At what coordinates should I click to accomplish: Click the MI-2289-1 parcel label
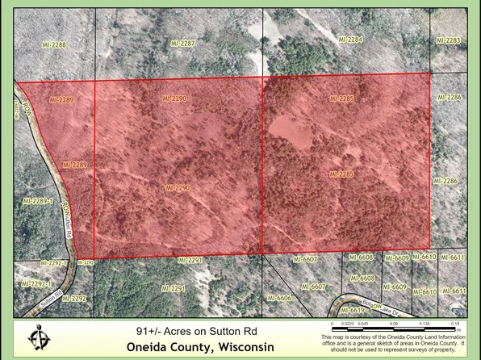pos(37,200)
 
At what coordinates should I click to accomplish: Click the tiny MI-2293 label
pos(86,262)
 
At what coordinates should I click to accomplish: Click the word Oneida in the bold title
pos(151,347)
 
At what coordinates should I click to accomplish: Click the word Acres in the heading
pos(177,331)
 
